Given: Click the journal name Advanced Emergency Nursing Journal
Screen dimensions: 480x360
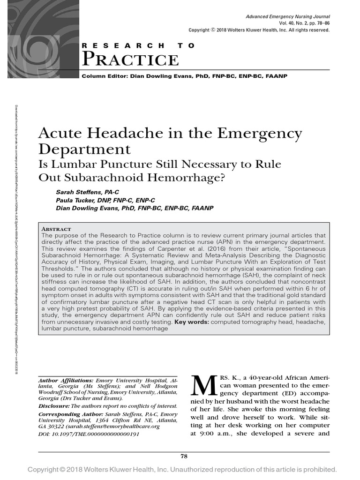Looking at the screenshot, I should point(288,17).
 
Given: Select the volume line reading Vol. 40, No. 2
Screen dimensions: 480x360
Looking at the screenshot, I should point(304,23).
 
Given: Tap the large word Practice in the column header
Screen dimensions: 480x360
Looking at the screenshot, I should point(130,60).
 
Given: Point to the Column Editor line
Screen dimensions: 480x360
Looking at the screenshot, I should point(184,76).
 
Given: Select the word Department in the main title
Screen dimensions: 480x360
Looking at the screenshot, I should point(84,150).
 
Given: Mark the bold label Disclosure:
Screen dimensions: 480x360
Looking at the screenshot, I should point(53,405).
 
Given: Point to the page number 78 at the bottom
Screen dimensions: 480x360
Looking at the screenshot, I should point(184,456).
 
